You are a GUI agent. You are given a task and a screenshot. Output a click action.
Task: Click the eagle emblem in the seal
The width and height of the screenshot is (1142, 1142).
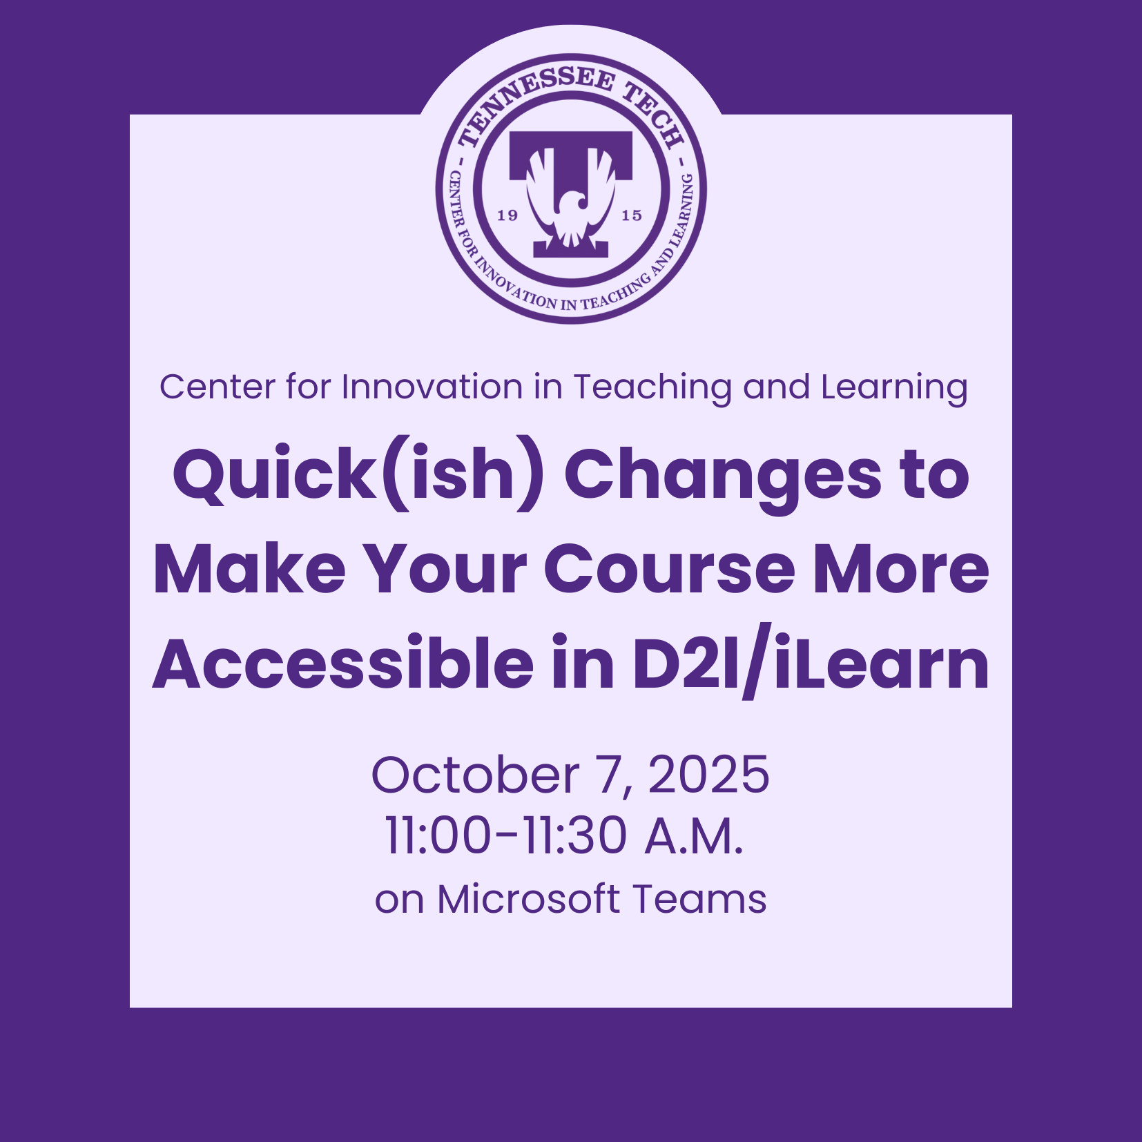tap(570, 197)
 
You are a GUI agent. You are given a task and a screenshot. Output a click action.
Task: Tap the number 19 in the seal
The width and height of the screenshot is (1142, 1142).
tap(507, 215)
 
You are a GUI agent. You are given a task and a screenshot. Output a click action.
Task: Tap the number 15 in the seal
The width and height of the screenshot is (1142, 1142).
tap(632, 215)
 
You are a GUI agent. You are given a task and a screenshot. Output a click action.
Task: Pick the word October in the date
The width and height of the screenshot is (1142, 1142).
tap(475, 775)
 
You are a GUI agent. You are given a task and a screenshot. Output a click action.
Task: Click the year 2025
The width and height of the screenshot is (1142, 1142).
tap(708, 775)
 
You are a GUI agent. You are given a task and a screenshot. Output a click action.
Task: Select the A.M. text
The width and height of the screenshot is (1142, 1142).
tap(694, 835)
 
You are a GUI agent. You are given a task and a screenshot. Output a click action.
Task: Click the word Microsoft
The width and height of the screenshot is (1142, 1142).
tap(528, 900)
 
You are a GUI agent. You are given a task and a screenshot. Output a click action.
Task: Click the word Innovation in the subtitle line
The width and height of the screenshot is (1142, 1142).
tap(432, 387)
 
